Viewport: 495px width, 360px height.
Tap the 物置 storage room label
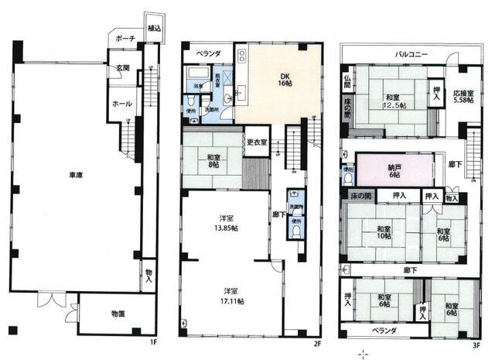(118, 314)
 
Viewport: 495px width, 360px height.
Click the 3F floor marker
(477, 345)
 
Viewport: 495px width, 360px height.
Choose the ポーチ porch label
(125, 39)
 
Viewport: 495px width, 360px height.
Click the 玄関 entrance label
(122, 69)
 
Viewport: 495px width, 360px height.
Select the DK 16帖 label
(279, 80)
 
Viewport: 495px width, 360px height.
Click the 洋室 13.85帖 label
(227, 224)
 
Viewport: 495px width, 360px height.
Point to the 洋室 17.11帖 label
(227, 295)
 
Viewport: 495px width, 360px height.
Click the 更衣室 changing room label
(257, 142)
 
